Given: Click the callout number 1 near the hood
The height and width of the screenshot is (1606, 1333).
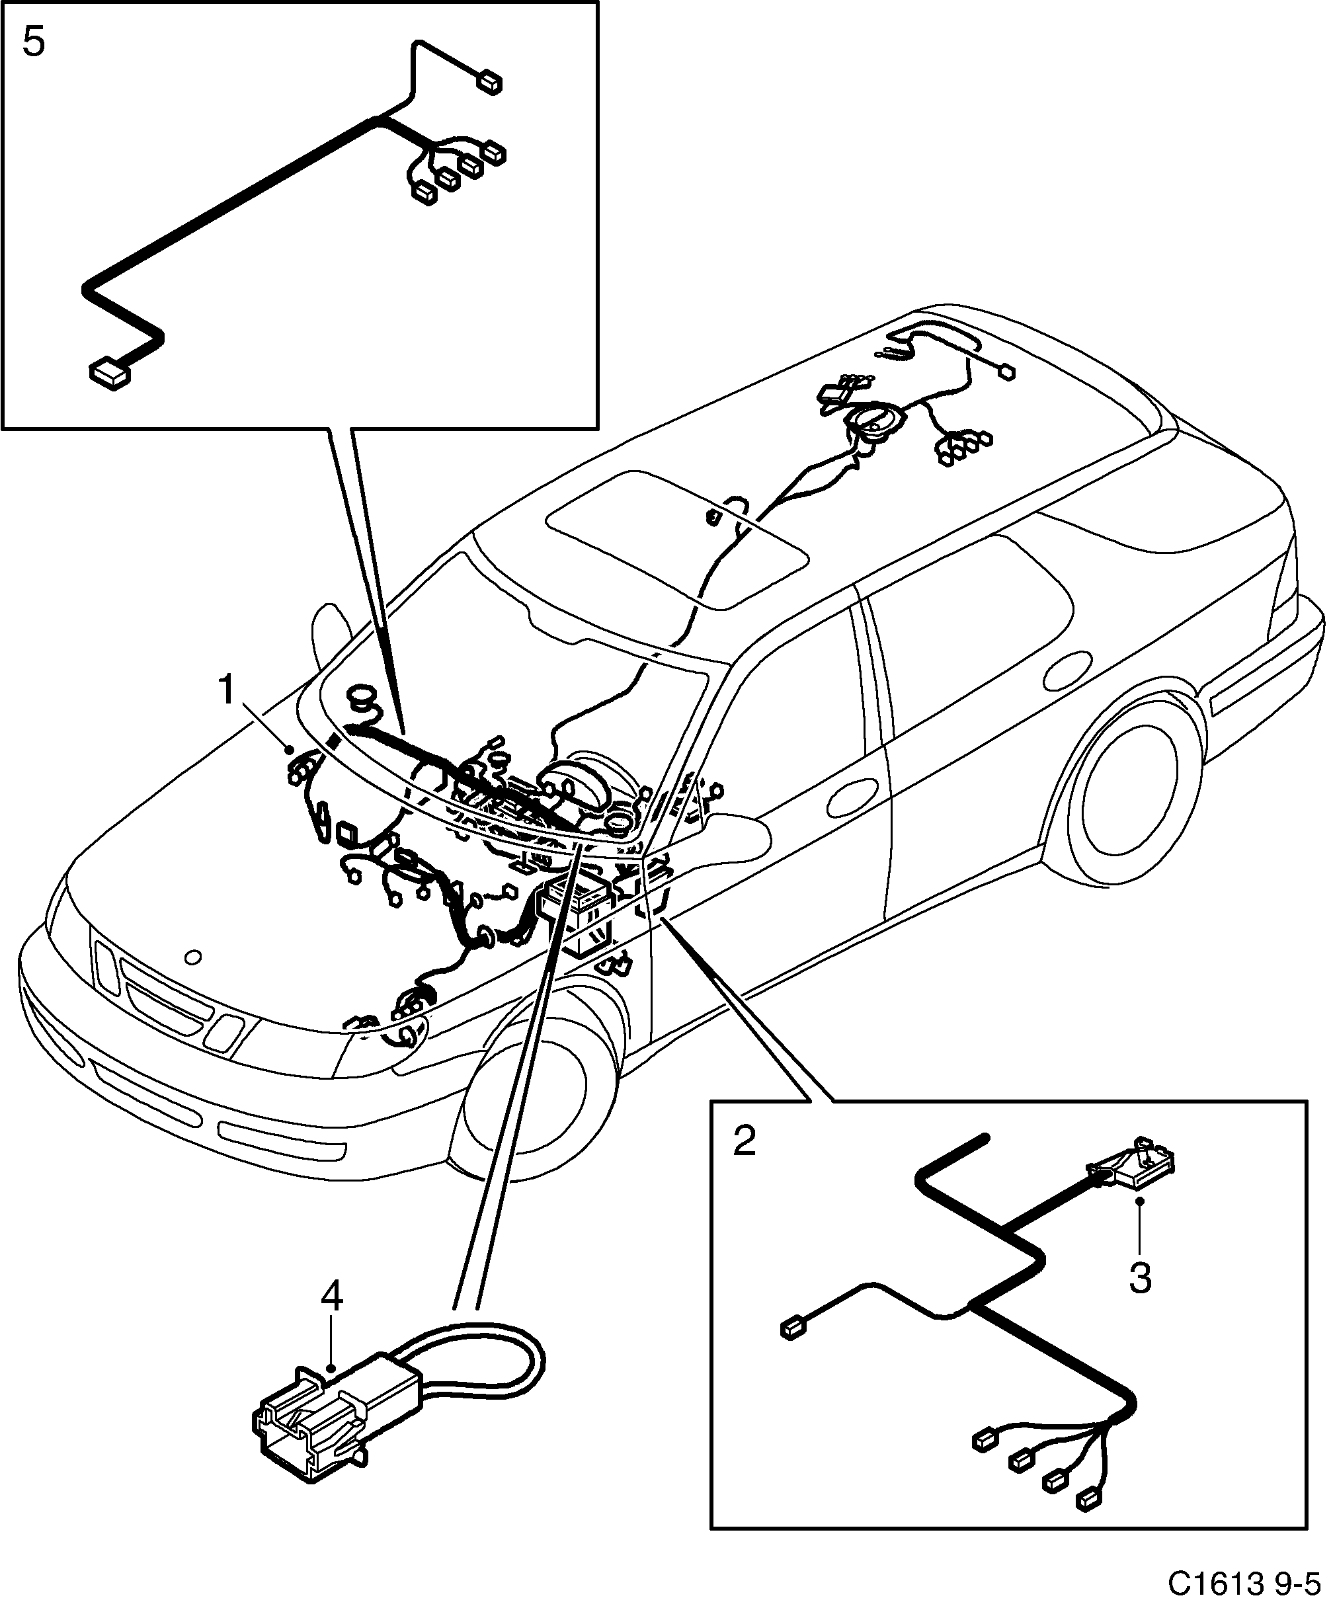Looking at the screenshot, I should (226, 690).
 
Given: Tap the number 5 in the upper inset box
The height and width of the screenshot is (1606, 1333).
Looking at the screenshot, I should (34, 42).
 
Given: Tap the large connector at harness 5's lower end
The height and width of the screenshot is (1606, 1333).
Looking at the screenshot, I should (111, 375).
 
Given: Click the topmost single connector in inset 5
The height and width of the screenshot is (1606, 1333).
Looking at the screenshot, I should (489, 82).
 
